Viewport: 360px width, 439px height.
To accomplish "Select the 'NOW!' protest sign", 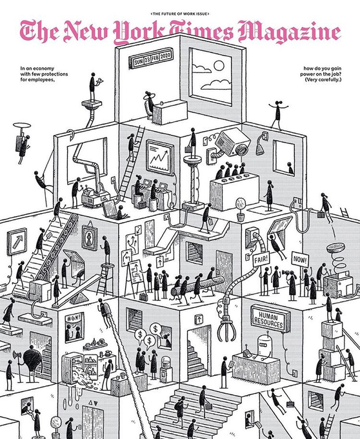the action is (x=301, y=260).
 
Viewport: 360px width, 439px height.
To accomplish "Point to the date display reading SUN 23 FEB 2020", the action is (x=151, y=59).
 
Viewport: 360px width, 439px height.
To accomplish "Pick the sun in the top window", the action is (x=219, y=66).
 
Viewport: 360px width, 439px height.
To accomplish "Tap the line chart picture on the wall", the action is (x=160, y=157).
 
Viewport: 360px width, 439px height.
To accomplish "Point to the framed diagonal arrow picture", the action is (x=17, y=241).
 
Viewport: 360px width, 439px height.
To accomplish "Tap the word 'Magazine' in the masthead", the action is (x=289, y=32).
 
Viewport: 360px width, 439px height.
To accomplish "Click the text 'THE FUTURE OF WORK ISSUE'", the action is (x=180, y=14).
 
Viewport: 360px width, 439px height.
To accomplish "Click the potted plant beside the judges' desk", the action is (x=241, y=209).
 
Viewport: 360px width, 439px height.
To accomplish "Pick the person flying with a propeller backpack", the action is (x=23, y=143).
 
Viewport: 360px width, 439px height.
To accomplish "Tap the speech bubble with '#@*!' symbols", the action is (x=74, y=318).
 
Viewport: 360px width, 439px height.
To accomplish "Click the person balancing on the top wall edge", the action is (x=278, y=116).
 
